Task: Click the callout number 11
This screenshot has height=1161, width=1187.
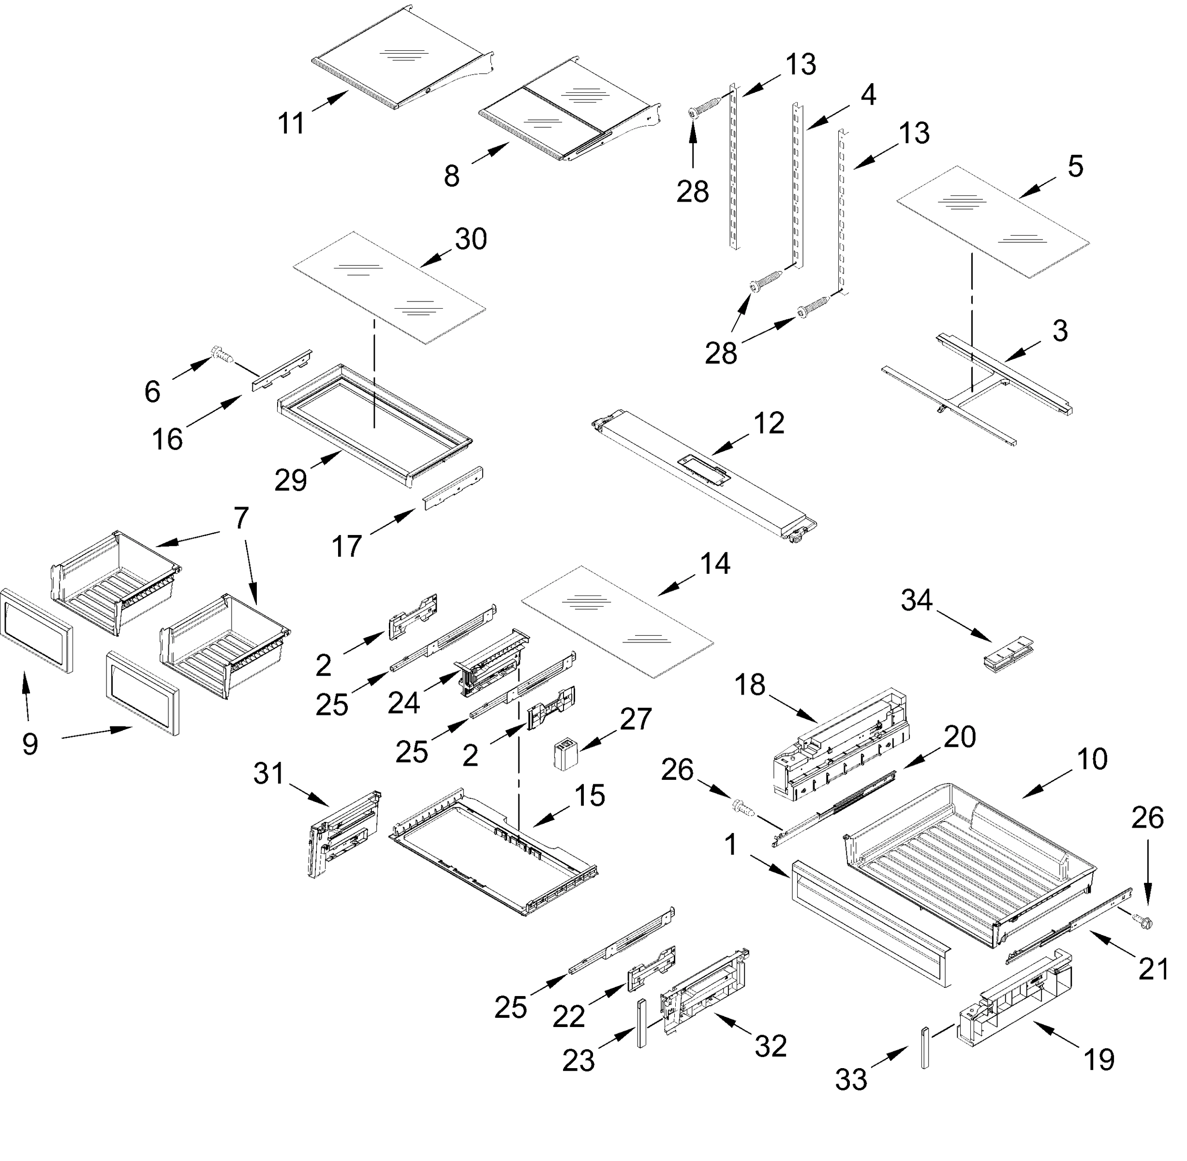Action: (x=291, y=124)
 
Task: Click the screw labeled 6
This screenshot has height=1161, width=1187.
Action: (x=220, y=354)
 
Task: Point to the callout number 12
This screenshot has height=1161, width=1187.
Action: (x=768, y=423)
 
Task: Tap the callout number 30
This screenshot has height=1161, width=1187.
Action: (x=471, y=239)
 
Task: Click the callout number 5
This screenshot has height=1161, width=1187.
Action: (x=1075, y=166)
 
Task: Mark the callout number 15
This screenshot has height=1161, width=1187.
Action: (x=589, y=796)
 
